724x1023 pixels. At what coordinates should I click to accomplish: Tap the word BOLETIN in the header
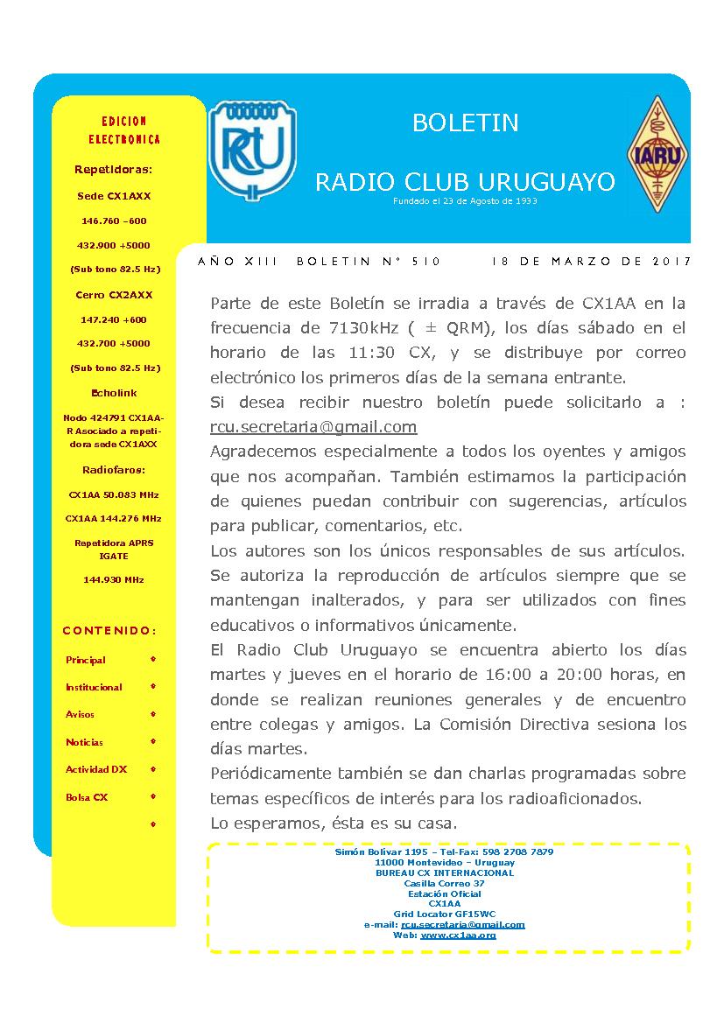click(x=465, y=123)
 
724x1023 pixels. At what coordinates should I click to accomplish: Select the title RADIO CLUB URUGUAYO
click(x=465, y=182)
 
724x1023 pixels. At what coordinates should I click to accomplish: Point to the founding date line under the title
click(x=465, y=200)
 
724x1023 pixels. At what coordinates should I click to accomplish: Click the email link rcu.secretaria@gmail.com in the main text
click(x=313, y=427)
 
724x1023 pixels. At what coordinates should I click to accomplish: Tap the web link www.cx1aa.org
click(x=458, y=935)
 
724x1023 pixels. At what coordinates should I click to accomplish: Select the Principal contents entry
click(x=86, y=660)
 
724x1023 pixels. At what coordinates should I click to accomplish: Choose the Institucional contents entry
click(x=94, y=687)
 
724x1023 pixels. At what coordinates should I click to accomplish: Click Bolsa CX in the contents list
click(x=87, y=797)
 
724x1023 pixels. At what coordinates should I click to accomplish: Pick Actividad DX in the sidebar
click(x=96, y=769)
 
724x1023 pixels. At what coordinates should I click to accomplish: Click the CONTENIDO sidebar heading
click(x=109, y=630)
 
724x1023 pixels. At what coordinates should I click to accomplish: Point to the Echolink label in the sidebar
click(x=114, y=393)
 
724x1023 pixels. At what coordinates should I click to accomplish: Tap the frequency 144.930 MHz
click(x=114, y=579)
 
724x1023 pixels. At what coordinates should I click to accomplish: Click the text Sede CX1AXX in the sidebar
click(x=114, y=196)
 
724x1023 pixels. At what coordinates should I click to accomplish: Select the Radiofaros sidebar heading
click(x=114, y=469)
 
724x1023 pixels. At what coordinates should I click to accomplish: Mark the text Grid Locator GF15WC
click(x=445, y=914)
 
